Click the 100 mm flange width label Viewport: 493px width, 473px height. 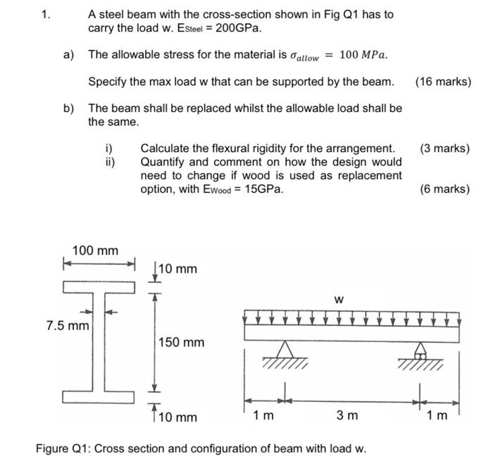coord(96,251)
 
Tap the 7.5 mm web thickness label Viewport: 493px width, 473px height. coord(68,326)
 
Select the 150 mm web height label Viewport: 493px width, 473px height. coord(181,343)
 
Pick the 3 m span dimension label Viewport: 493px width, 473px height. coord(347,415)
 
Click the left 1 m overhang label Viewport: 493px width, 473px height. coord(264,415)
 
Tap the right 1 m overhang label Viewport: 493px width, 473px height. coord(437,415)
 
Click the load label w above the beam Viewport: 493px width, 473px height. coord(339,300)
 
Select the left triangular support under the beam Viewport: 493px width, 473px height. coord(285,350)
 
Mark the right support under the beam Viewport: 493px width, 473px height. coord(422,350)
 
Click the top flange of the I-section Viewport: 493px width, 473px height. coord(99,287)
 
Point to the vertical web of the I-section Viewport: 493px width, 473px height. coord(99,342)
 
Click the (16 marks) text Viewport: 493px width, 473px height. coord(443,82)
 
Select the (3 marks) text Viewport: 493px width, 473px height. coord(444,149)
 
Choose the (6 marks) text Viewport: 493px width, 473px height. coord(444,189)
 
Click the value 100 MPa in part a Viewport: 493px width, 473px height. coord(363,55)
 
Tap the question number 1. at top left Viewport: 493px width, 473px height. coord(46,14)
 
